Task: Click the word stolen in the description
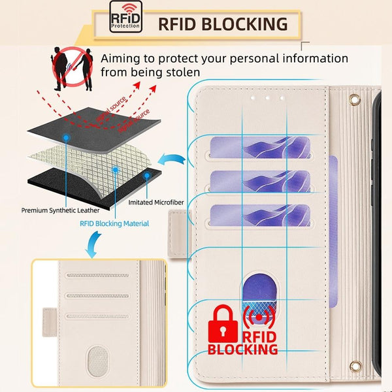point(176,72)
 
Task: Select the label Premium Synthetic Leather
point(61,210)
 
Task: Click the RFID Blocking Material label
point(114,223)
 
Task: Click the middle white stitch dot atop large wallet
point(267,97)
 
